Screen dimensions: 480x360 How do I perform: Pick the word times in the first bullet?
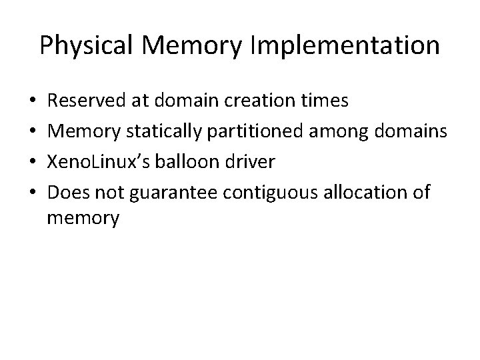[326, 101]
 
